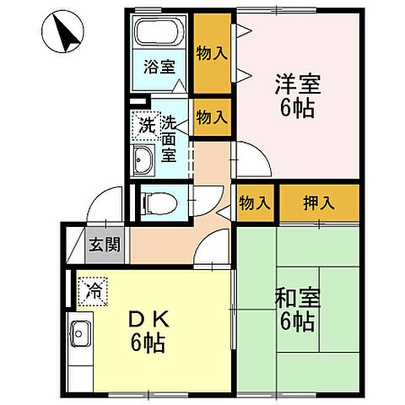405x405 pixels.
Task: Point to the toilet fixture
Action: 160,202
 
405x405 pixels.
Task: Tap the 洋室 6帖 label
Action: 296,96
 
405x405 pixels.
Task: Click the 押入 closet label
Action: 318,203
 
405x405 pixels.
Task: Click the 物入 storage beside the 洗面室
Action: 212,117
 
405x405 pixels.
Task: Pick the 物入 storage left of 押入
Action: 255,203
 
